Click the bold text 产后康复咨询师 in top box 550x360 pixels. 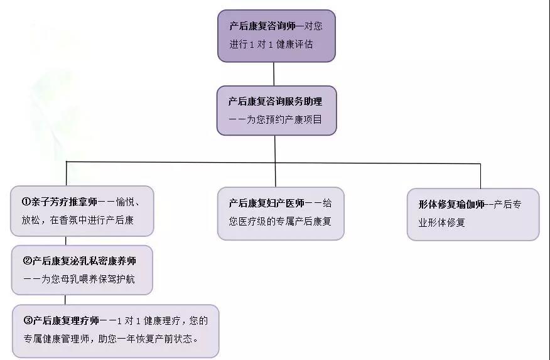coord(262,26)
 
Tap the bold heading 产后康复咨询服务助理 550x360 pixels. coord(275,101)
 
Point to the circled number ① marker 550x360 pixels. coord(26,202)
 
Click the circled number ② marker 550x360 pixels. coord(27,261)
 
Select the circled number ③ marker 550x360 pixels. coord(28,320)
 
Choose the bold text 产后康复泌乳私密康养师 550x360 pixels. coord(84,261)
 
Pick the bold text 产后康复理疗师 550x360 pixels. coord(66,320)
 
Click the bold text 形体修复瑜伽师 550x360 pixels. coord(451,204)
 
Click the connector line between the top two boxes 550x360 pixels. coord(274,74)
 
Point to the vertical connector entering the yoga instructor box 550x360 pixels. coord(480,176)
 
